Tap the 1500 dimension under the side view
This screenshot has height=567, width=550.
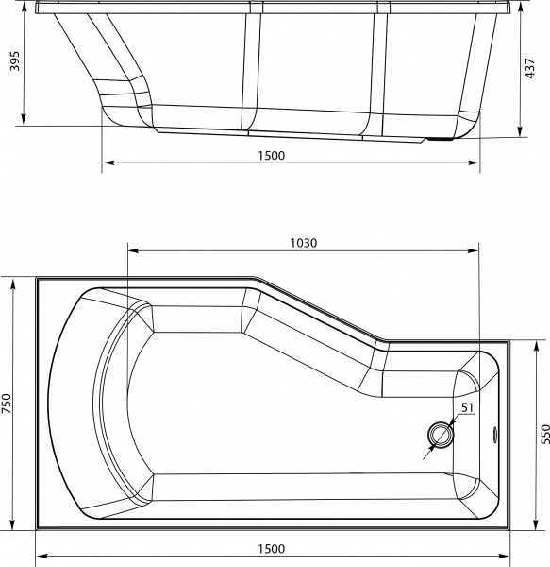click(270, 157)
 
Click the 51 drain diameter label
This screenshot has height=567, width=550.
click(465, 408)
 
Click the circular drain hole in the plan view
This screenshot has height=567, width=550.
click(441, 435)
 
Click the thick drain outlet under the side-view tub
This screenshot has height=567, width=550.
click(440, 141)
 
